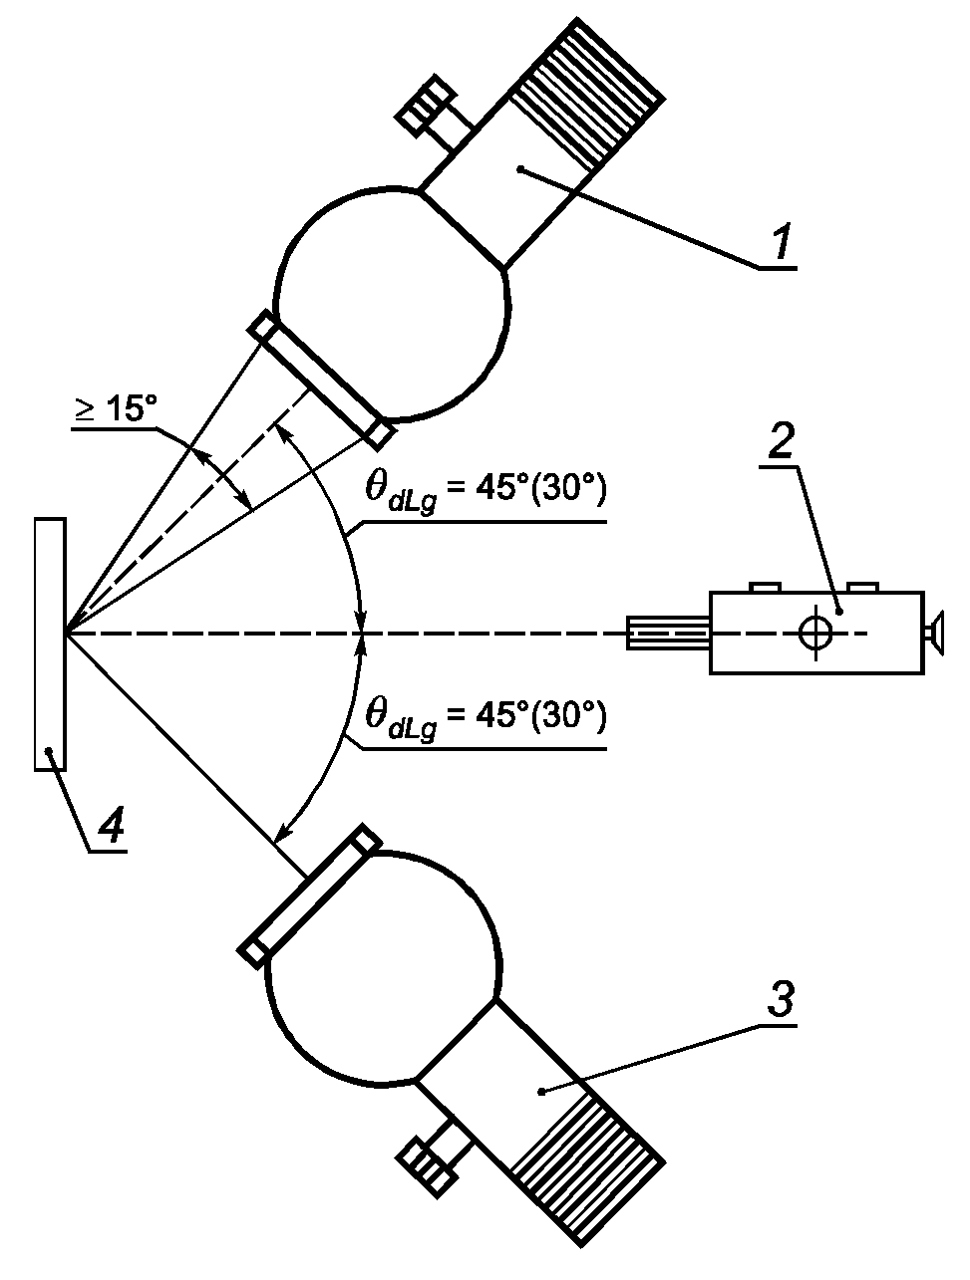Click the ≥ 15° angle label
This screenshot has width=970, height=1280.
coord(114,408)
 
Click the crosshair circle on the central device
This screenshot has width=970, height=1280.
coord(815,633)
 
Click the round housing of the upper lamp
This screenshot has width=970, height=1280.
coord(392,303)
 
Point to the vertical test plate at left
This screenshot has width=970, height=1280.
coord(50,644)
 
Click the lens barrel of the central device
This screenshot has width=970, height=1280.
coord(669,633)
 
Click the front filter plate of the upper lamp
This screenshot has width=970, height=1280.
coord(322,381)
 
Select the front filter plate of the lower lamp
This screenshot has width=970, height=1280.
coord(310,896)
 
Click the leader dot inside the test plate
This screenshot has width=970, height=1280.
coord(50,750)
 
